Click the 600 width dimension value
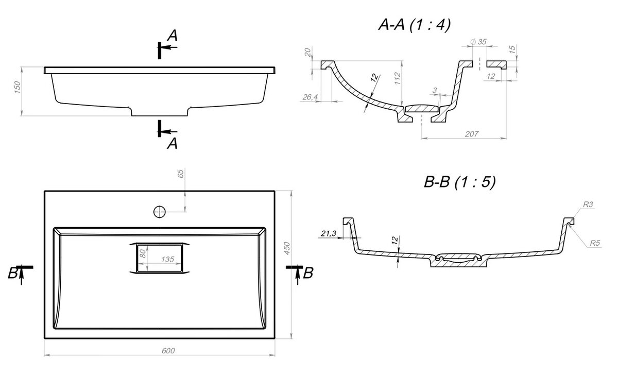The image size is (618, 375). coord(168,351)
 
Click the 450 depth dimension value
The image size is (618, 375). coord(287,248)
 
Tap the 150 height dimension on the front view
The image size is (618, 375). coord(17,87)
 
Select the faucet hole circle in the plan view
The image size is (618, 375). coord(160,212)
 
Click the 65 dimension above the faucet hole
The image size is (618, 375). coord(180,174)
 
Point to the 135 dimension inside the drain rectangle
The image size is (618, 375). coord(167,260)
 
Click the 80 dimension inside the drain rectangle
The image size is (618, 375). coord(142,253)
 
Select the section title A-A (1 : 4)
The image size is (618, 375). coord(415,25)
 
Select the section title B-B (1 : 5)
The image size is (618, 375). coord(459,182)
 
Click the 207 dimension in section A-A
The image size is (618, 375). coord(472,134)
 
